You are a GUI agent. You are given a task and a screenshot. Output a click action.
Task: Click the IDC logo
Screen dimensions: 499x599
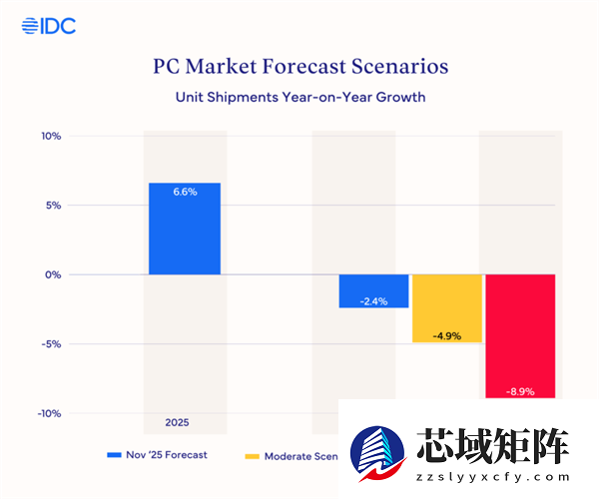click(x=48, y=26)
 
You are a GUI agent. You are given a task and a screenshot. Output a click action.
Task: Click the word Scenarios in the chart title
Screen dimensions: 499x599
click(x=393, y=67)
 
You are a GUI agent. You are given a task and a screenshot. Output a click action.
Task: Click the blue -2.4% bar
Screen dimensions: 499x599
click(x=373, y=290)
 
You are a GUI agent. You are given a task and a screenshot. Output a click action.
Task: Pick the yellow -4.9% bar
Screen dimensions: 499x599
click(x=447, y=308)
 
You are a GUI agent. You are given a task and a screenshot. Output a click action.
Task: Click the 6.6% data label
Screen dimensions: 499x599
click(x=185, y=192)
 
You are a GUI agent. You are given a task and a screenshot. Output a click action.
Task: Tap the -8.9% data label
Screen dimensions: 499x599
click(x=520, y=392)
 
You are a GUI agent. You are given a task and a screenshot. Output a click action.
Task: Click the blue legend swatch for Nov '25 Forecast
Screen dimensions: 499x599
click(x=114, y=455)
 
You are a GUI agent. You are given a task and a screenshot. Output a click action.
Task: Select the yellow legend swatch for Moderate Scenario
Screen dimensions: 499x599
click(x=252, y=455)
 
